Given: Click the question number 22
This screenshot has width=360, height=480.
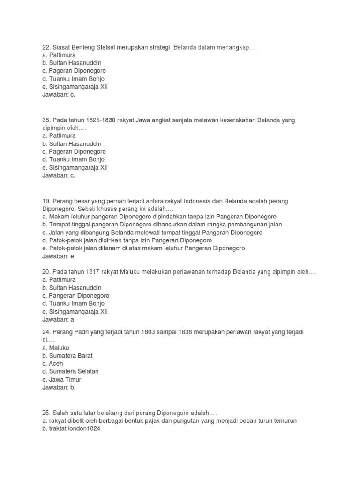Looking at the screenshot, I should (46, 47).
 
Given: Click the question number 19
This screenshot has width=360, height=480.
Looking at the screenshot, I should (46, 201).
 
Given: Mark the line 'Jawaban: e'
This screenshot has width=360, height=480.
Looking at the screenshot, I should (58, 256).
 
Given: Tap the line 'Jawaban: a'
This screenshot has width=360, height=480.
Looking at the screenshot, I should (58, 320).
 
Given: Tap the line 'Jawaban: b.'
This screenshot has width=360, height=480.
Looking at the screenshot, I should (59, 387).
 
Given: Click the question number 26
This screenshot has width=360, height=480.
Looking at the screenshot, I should (46, 412).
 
